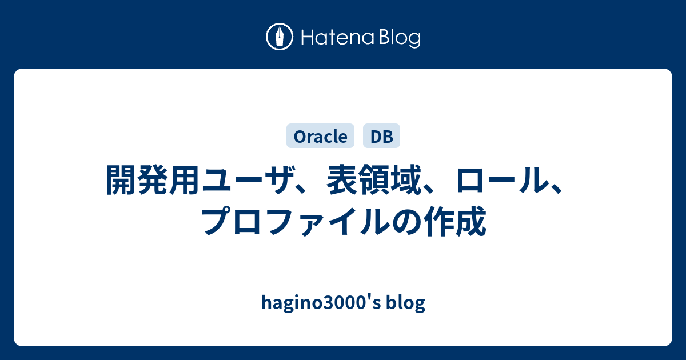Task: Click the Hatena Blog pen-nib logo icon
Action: click(x=280, y=37)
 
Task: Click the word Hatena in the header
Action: click(x=337, y=37)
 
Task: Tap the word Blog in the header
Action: click(x=400, y=38)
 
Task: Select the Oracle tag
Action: click(x=320, y=136)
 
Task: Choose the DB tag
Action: click(x=382, y=136)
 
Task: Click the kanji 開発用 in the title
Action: click(x=153, y=180)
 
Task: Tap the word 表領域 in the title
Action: click(x=374, y=180)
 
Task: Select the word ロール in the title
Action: click(x=502, y=180)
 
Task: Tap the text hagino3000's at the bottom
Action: click(x=321, y=303)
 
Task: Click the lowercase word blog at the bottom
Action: click(x=405, y=303)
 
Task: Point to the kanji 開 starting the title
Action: click(x=121, y=180)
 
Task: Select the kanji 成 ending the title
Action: click(x=472, y=221)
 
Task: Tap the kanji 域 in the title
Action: click(x=406, y=180)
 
